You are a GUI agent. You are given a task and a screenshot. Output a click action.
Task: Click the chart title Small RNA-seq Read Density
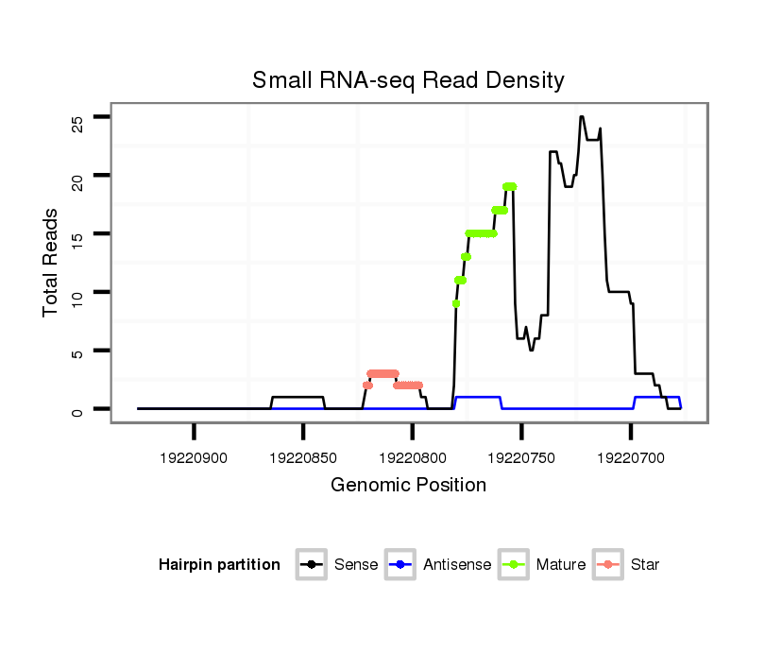[408, 80]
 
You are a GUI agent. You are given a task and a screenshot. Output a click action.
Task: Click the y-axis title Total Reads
[53, 263]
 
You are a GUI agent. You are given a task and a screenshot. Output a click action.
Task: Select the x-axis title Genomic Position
[408, 486]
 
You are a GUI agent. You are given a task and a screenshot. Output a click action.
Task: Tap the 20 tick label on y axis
[77, 176]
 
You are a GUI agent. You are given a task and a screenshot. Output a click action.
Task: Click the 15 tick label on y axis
[77, 234]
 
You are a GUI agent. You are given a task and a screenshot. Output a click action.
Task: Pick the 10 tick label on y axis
[77, 293]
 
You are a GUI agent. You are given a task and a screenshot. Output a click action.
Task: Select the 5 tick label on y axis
[77, 352]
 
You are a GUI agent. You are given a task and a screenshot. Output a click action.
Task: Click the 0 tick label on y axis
[77, 410]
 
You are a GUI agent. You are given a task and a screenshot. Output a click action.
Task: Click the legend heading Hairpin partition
[219, 565]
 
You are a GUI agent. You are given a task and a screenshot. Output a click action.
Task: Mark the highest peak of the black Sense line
[582, 117]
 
